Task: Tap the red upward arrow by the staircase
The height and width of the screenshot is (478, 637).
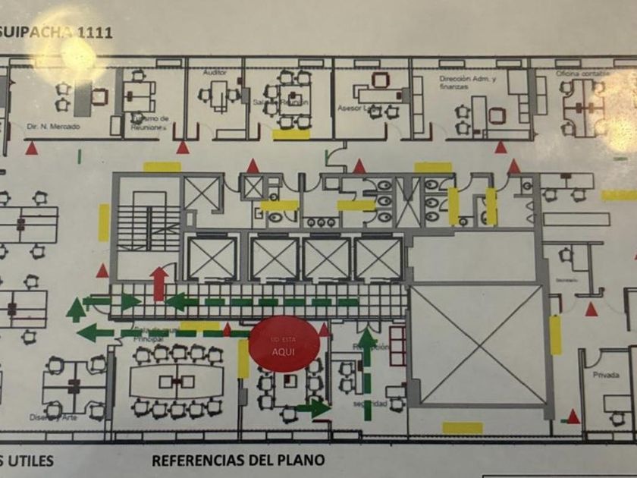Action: tap(158, 283)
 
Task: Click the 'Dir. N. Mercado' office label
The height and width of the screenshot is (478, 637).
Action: tap(52, 127)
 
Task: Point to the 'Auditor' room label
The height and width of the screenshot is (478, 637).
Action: tap(215, 73)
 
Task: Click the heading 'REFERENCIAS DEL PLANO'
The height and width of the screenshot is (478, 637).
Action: tap(238, 460)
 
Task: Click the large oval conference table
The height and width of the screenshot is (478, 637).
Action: tap(177, 381)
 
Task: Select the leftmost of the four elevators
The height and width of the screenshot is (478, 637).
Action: tap(212, 258)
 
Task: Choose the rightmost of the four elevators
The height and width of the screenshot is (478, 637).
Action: tap(378, 259)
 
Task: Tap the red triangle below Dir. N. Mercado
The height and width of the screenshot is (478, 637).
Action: tap(31, 149)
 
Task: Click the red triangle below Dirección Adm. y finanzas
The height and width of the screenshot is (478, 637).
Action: tap(500, 146)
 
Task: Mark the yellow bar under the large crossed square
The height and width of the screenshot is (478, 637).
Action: tap(462, 428)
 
